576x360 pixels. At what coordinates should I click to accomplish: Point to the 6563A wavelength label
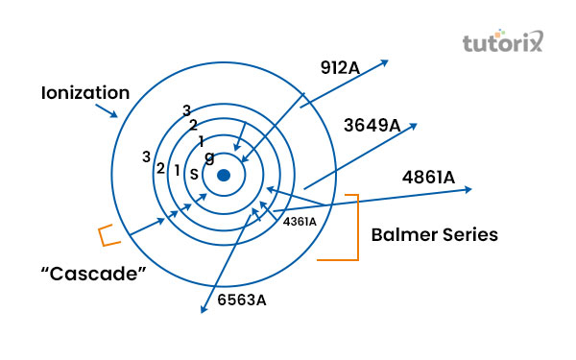pyautogui.click(x=242, y=300)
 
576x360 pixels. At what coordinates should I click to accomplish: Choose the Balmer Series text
pyautogui.click(x=434, y=234)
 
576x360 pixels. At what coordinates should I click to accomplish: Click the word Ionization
pyautogui.click(x=84, y=93)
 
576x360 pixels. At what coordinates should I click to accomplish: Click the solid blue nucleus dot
pyautogui.click(x=224, y=175)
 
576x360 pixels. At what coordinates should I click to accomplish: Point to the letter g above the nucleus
pyautogui.click(x=209, y=156)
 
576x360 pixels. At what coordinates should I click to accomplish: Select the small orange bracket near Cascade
pyautogui.click(x=107, y=233)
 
